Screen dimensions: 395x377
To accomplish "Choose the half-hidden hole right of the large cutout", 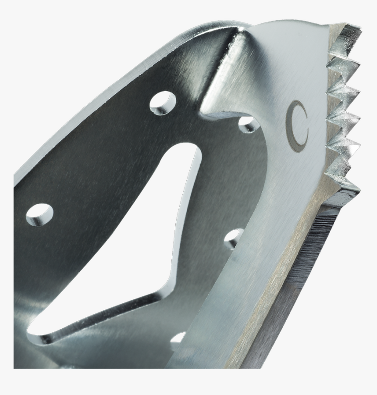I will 233,238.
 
